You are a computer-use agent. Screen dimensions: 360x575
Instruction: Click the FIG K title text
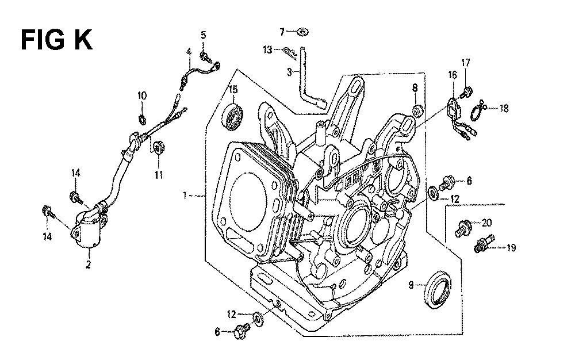[56, 41]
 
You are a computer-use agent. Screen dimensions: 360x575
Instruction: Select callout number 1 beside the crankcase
[185, 197]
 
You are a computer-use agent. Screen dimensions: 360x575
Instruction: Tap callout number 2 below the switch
[89, 265]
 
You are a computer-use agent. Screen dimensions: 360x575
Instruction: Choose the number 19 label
[511, 248]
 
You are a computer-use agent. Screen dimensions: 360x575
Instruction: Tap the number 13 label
[268, 51]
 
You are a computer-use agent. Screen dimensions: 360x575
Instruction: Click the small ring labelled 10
[142, 119]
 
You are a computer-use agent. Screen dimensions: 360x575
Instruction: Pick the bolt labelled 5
[205, 55]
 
